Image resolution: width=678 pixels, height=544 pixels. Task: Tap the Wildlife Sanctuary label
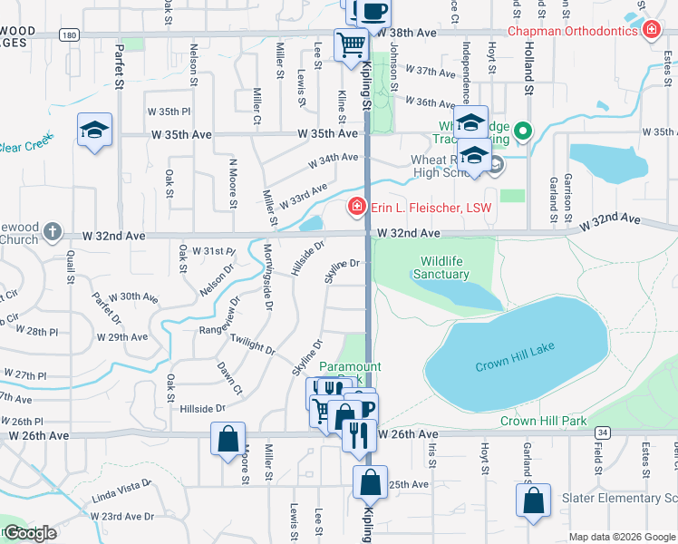click(443, 267)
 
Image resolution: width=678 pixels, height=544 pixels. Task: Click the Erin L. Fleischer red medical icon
click(357, 209)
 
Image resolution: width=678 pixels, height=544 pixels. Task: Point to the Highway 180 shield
click(69, 34)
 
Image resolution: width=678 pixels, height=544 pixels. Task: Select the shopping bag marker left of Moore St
click(227, 438)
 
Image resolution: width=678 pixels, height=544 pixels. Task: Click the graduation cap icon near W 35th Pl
click(94, 130)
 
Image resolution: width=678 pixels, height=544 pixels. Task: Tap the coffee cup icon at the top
click(373, 11)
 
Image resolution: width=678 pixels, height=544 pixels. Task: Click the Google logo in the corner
click(29, 533)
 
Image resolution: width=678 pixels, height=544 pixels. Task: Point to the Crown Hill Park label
click(544, 421)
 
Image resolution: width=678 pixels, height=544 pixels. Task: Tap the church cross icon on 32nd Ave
click(53, 232)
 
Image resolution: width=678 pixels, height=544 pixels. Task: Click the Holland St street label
click(527, 68)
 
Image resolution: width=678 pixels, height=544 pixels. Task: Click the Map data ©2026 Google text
click(622, 537)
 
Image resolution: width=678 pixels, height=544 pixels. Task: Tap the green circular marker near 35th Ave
click(521, 133)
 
